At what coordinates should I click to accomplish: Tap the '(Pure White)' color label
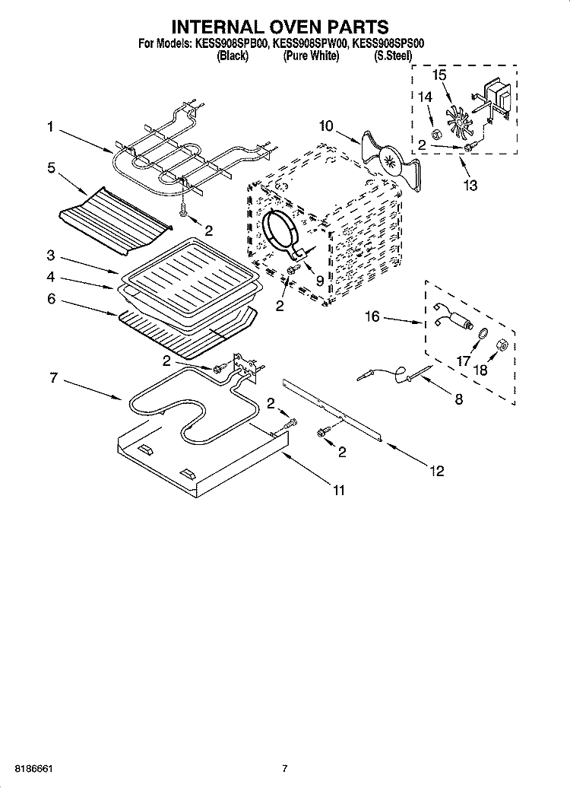click(311, 57)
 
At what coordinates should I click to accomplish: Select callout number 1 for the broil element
click(50, 128)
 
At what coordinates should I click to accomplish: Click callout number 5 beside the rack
click(51, 168)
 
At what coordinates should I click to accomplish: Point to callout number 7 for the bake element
click(53, 378)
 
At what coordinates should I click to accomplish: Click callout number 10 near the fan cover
click(326, 126)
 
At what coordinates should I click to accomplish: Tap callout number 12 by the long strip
click(436, 472)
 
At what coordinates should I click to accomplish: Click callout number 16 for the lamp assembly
click(372, 316)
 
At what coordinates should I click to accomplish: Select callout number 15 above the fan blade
click(440, 75)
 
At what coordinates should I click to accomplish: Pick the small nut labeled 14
click(437, 135)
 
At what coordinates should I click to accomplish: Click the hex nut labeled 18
click(502, 345)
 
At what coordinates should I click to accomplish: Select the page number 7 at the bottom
click(284, 768)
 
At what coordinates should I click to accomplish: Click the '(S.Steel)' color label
click(392, 57)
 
